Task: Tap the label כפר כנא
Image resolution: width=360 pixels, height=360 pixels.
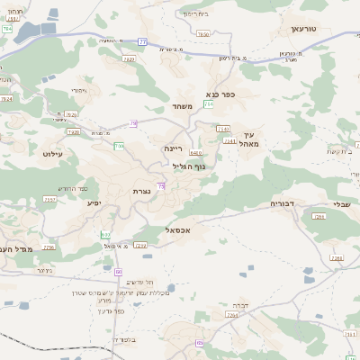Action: tap(220, 94)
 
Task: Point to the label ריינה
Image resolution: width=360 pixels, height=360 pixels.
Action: tap(173, 148)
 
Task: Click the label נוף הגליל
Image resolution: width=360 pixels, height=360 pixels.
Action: tap(189, 165)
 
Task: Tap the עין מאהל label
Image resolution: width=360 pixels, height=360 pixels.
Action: tap(250, 139)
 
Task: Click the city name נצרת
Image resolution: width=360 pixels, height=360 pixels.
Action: tap(141, 191)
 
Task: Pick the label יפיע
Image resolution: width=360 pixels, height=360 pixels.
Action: tap(94, 203)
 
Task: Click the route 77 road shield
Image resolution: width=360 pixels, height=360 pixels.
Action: tap(142, 41)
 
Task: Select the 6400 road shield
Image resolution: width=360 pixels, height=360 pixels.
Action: tap(196, 153)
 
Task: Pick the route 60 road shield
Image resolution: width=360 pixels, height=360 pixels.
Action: tap(119, 270)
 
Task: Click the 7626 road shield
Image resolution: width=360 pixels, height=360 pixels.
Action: tap(72, 115)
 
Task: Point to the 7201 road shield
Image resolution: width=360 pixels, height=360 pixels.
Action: tap(319, 217)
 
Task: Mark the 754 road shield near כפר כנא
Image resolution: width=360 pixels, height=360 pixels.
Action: tap(209, 104)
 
